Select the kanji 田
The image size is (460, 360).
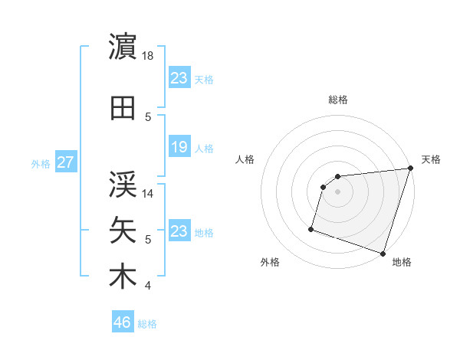click(x=123, y=109)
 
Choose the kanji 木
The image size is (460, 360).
click(x=123, y=277)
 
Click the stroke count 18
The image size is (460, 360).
click(x=149, y=56)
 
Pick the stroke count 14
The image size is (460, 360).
click(x=149, y=195)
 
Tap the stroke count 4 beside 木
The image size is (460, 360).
click(x=148, y=286)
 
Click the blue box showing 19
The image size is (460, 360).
click(x=179, y=147)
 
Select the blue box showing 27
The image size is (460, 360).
click(x=65, y=163)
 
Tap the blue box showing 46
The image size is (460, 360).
click(x=122, y=322)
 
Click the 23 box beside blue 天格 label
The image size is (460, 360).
click(x=179, y=77)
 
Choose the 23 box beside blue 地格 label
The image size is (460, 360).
click(x=179, y=231)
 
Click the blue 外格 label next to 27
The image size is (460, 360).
click(x=41, y=164)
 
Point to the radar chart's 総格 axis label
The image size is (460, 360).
click(x=338, y=100)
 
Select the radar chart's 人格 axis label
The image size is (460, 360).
click(x=245, y=159)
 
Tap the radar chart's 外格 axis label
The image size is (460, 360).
click(x=270, y=263)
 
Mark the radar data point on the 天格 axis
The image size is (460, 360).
click(x=410, y=169)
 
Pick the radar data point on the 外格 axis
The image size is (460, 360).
click(x=311, y=228)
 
